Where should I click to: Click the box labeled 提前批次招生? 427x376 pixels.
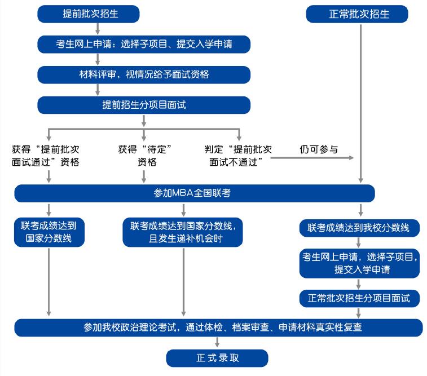(88, 14)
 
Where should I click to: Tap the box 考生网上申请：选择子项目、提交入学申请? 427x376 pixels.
(143, 44)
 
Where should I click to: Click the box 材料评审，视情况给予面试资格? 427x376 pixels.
(143, 74)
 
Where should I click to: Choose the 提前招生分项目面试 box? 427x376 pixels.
(143, 105)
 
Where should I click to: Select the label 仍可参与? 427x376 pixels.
(319, 149)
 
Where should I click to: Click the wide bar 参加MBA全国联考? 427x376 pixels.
(194, 193)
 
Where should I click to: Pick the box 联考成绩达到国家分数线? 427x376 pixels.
(50, 232)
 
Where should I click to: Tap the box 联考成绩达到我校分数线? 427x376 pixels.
(359, 228)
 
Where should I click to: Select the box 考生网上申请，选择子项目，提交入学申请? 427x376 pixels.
(359, 263)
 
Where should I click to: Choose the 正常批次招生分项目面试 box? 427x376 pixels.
(359, 297)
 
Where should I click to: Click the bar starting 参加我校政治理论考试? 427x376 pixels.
(218, 328)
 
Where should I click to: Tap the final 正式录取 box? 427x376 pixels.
(217, 357)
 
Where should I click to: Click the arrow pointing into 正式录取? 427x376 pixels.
(217, 343)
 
